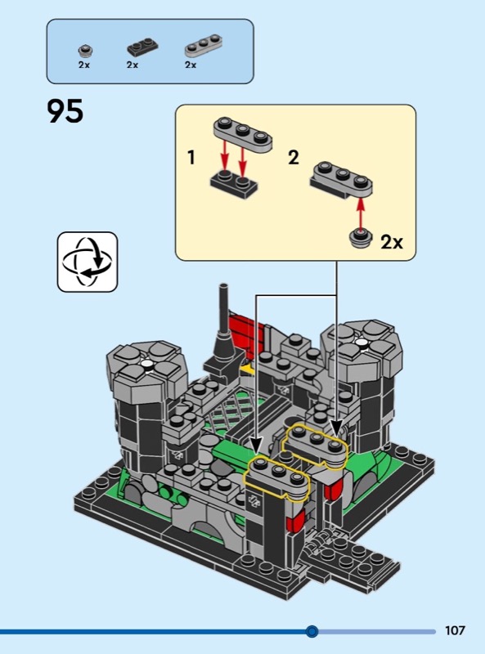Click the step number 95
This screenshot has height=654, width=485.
pos(65,111)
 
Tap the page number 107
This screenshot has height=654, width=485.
pos(455,630)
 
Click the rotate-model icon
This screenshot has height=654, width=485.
pos(88,262)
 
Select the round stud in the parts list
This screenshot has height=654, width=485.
pos(85,51)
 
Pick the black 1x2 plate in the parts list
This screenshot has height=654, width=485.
pos(142,47)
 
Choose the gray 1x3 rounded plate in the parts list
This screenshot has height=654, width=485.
pos(204,45)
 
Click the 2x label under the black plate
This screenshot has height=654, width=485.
pos(132,65)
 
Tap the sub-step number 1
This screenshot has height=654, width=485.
pos(191,158)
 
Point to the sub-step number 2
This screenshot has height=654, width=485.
pos(294,158)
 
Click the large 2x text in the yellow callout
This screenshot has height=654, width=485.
pos(392,242)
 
